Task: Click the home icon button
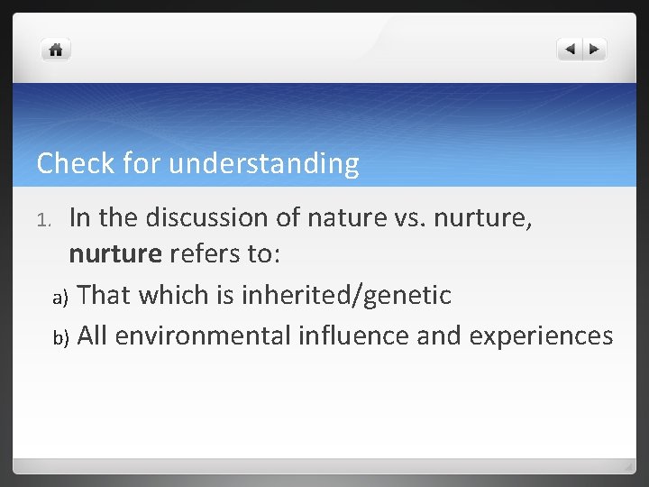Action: [x=56, y=50]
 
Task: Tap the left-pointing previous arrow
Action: [x=570, y=50]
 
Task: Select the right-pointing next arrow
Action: [x=595, y=50]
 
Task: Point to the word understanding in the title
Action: [x=263, y=163]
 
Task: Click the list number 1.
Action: [x=50, y=219]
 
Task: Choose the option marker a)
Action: [x=59, y=296]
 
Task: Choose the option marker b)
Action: [x=59, y=337]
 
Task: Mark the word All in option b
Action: [x=93, y=335]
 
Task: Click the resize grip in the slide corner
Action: [x=627, y=466]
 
